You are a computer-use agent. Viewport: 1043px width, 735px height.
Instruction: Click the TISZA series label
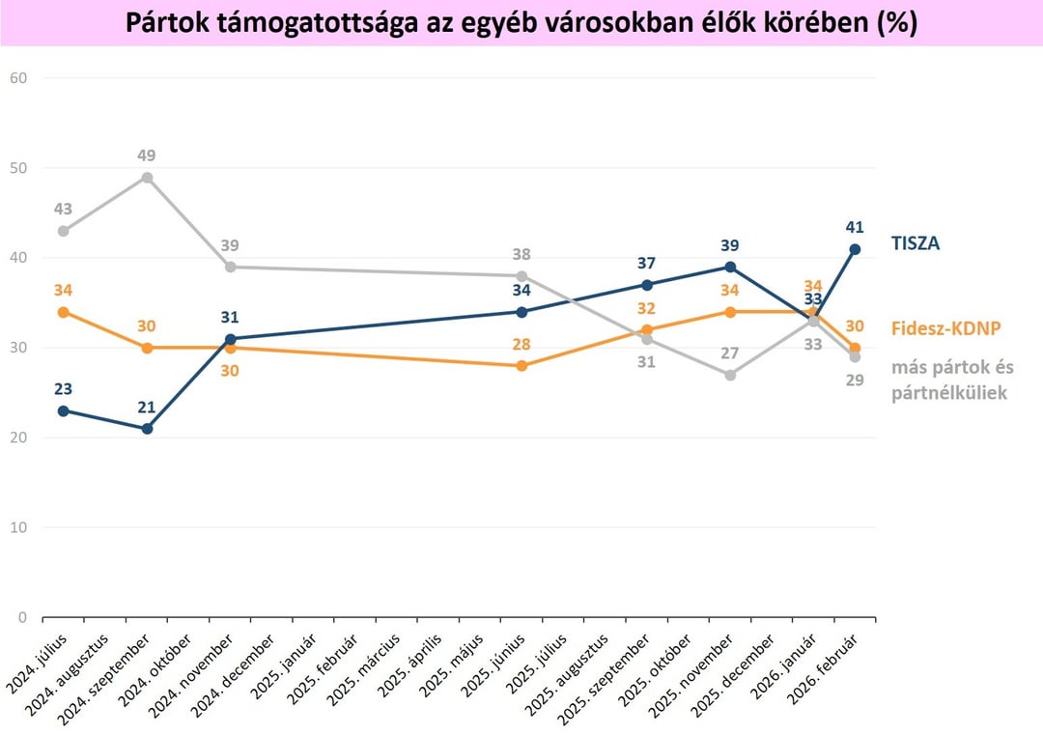914,243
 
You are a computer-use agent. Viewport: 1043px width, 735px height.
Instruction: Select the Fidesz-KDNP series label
945,328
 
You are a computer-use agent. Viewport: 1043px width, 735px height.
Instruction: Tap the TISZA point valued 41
855,249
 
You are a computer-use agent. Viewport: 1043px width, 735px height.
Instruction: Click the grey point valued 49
147,178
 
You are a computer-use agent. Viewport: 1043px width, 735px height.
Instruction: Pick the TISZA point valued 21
147,429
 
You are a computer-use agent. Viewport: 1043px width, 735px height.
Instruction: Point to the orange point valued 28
521,366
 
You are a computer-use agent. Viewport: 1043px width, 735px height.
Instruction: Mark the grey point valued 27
730,375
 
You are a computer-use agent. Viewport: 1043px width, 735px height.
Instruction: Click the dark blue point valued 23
64,410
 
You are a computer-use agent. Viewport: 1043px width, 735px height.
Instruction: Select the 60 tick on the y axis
18,77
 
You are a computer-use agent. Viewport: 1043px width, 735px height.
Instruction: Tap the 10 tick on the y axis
18,527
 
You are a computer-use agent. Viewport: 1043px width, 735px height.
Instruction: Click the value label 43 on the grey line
64,209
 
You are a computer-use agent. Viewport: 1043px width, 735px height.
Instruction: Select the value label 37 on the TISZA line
646,264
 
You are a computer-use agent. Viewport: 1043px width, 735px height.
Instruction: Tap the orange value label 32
646,309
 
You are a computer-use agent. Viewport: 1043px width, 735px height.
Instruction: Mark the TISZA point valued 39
730,267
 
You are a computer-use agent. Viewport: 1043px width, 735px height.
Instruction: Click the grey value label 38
521,255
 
